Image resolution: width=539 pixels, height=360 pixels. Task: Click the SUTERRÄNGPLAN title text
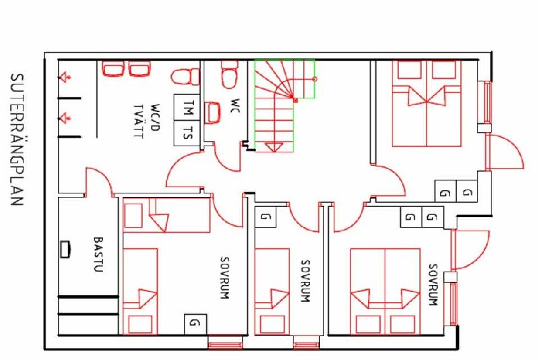(18, 140)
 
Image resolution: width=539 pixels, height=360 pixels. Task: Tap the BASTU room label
(98, 254)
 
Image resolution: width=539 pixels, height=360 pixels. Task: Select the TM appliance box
(187, 107)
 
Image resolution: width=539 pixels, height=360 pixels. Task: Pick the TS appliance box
(187, 133)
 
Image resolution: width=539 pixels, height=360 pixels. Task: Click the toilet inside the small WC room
(229, 73)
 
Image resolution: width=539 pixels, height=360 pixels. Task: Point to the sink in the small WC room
(212, 113)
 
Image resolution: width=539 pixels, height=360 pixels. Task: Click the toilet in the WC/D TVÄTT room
(185, 77)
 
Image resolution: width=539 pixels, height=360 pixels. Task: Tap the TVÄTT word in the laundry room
(138, 121)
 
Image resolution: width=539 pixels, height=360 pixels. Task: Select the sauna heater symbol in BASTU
(65, 249)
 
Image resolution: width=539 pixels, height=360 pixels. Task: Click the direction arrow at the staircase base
(274, 146)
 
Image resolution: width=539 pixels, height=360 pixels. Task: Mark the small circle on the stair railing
(315, 79)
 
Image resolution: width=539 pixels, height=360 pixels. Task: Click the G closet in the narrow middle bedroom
(265, 217)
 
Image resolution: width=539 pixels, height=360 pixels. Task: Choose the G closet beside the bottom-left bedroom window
(195, 324)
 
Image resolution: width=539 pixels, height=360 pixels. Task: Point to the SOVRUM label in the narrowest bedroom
(306, 281)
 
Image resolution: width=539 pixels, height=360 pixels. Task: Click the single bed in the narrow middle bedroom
(272, 292)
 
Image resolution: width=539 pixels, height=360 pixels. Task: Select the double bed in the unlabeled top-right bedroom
(426, 104)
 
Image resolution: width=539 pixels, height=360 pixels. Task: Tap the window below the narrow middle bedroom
(305, 342)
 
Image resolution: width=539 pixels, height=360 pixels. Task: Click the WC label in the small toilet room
(235, 105)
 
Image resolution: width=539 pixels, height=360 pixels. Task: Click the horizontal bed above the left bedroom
(166, 215)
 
